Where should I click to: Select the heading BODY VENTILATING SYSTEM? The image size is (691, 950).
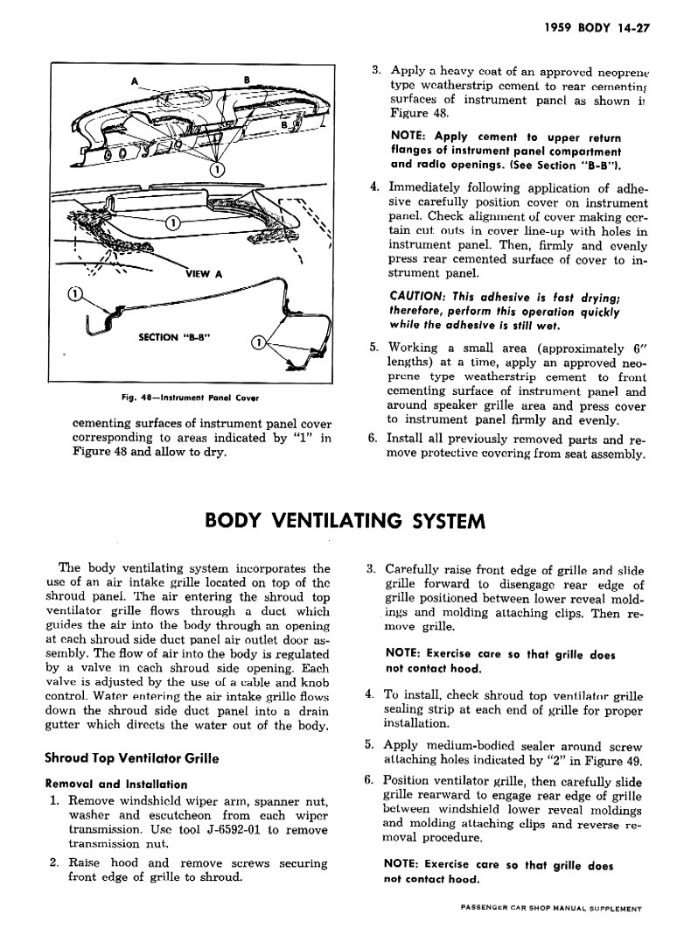(x=344, y=522)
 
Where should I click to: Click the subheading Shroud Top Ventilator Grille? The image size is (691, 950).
(x=131, y=758)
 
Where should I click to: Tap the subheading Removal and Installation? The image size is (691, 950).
(x=116, y=785)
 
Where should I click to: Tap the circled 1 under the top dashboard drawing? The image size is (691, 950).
(x=218, y=169)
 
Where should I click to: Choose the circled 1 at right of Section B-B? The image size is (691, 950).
(x=258, y=342)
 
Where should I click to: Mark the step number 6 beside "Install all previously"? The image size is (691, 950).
(x=373, y=440)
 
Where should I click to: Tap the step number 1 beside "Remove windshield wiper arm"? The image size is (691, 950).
(x=54, y=801)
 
